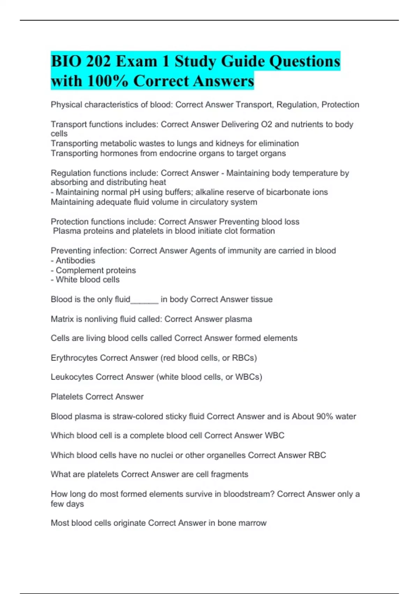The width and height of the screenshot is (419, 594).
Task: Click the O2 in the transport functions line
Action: pyautogui.click(x=267, y=124)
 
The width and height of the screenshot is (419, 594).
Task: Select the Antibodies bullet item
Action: pyautogui.click(x=75, y=261)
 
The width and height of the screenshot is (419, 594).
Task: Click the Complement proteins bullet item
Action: pyautogui.click(x=96, y=270)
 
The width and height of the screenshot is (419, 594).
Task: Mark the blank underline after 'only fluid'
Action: pyautogui.click(x=145, y=300)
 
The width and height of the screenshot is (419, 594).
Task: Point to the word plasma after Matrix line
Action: pyautogui.click(x=238, y=319)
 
